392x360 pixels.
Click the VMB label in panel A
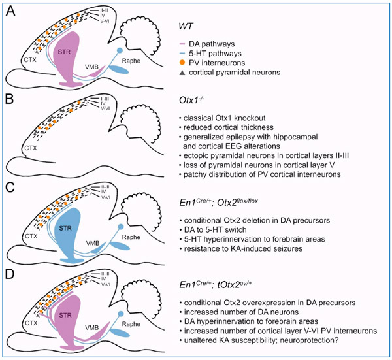(96, 65)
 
